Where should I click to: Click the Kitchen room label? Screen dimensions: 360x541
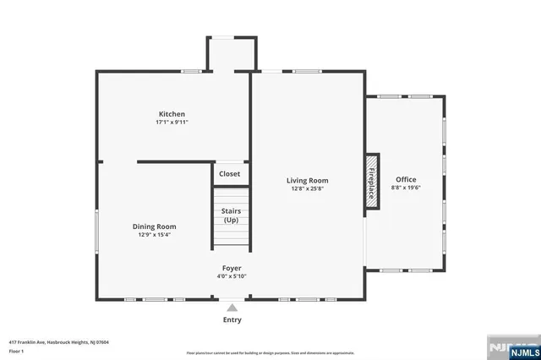pyautogui.click(x=172, y=114)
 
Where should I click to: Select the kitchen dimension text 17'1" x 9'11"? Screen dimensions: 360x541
pyautogui.click(x=172, y=123)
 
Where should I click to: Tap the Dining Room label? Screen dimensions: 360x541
pyautogui.click(x=154, y=226)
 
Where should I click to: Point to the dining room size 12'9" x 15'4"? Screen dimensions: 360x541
pyautogui.click(x=154, y=235)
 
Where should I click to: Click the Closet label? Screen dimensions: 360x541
pyautogui.click(x=229, y=174)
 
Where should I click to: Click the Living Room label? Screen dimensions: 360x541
pyautogui.click(x=307, y=180)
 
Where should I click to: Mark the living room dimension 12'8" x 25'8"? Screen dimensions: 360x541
pyautogui.click(x=307, y=188)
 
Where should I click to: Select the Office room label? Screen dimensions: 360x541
pyautogui.click(x=406, y=179)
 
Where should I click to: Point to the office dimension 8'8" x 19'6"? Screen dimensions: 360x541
pyautogui.click(x=406, y=188)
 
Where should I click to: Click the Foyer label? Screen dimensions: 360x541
pyautogui.click(x=232, y=268)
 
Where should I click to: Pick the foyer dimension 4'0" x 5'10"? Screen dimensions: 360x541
pyautogui.click(x=232, y=275)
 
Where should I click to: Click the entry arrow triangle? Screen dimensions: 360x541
pyautogui.click(x=232, y=308)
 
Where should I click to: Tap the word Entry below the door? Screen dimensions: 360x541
pyautogui.click(x=232, y=319)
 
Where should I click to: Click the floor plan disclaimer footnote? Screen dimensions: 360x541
pyautogui.click(x=270, y=352)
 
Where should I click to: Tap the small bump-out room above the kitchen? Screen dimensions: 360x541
pyautogui.click(x=231, y=55)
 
